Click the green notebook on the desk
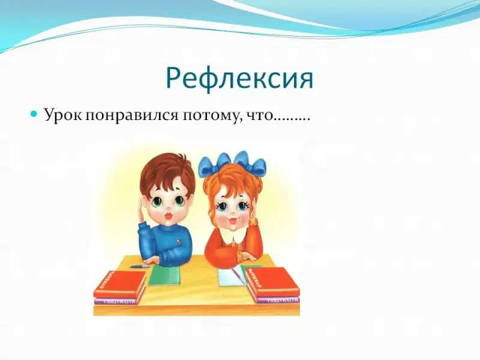tap(164, 275)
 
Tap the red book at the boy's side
tap(120, 283)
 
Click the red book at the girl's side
tap(272, 282)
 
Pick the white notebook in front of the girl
tap(232, 277)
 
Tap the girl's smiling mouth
tap(233, 221)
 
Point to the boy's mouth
tap(168, 216)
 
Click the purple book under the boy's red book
tap(116, 301)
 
